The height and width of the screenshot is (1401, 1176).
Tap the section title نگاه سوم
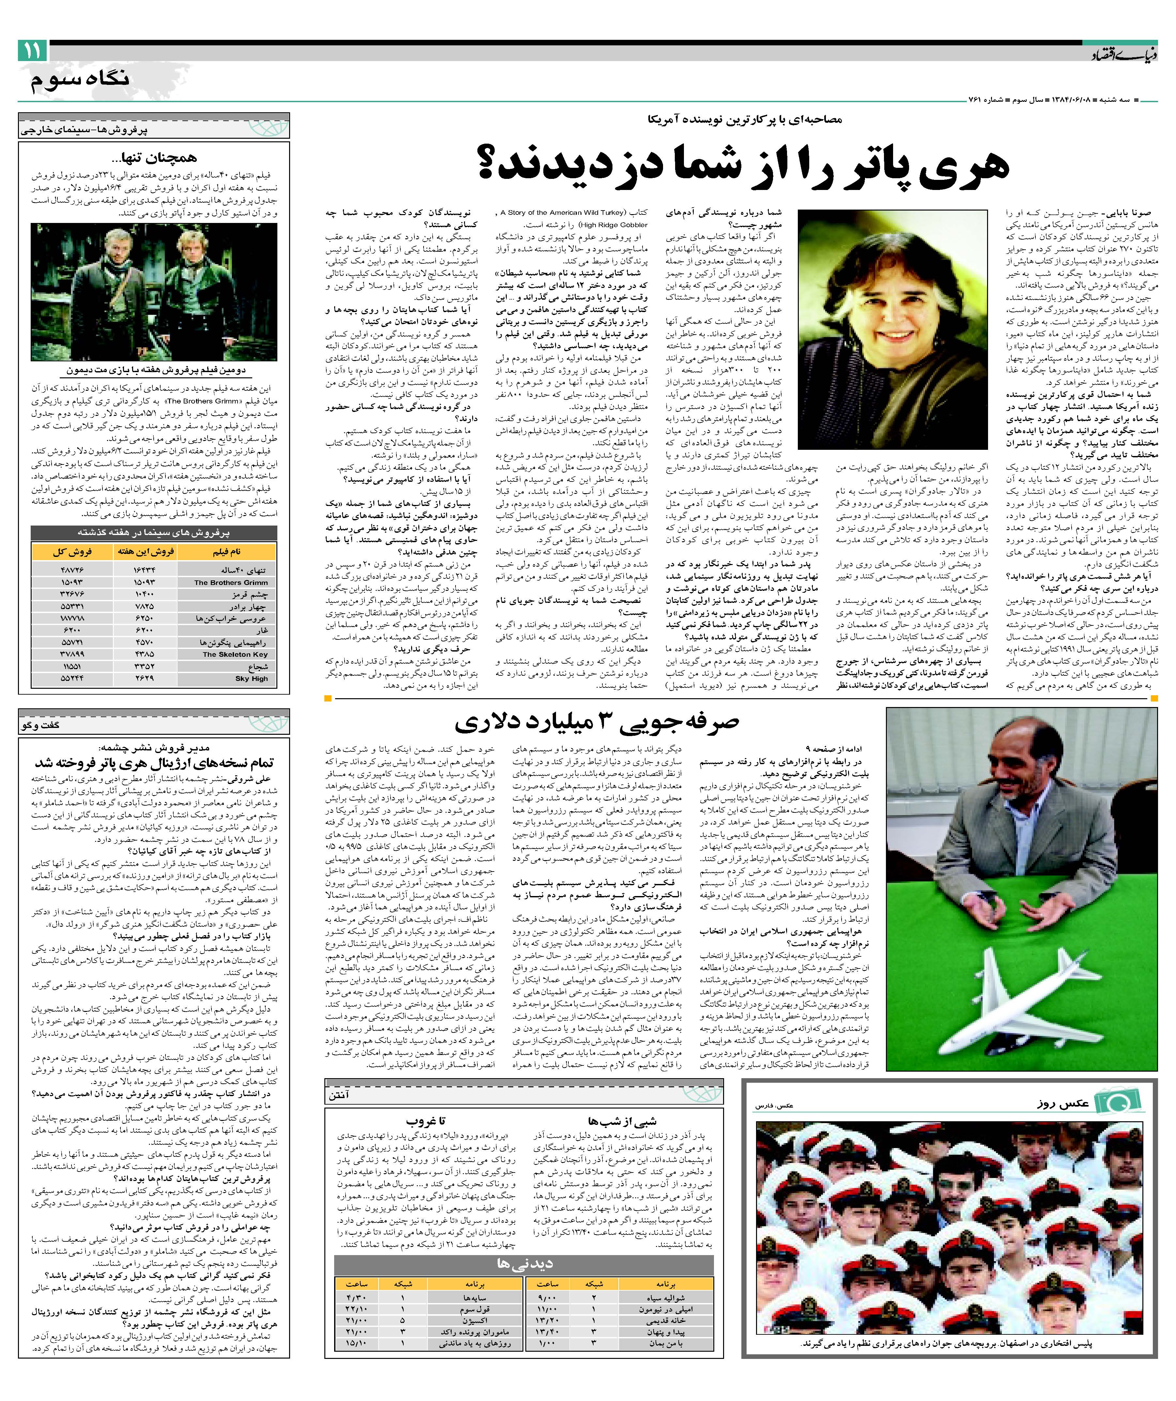[x=80, y=80]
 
